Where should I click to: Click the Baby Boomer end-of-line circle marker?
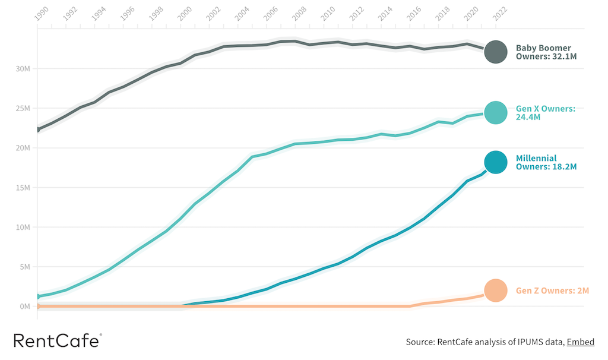tap(495, 52)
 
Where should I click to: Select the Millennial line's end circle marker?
tap(495, 162)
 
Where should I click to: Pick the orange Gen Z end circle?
tap(495, 290)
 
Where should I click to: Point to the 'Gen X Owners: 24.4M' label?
tap(546, 113)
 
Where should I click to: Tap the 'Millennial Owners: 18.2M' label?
tap(546, 162)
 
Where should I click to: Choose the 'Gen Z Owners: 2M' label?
tap(552, 291)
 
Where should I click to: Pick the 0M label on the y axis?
tap(24, 307)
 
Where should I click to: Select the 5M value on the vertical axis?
tap(24, 267)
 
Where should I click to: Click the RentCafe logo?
tap(57, 340)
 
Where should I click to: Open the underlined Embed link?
tap(581, 342)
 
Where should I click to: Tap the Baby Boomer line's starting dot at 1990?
tap(38, 129)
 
